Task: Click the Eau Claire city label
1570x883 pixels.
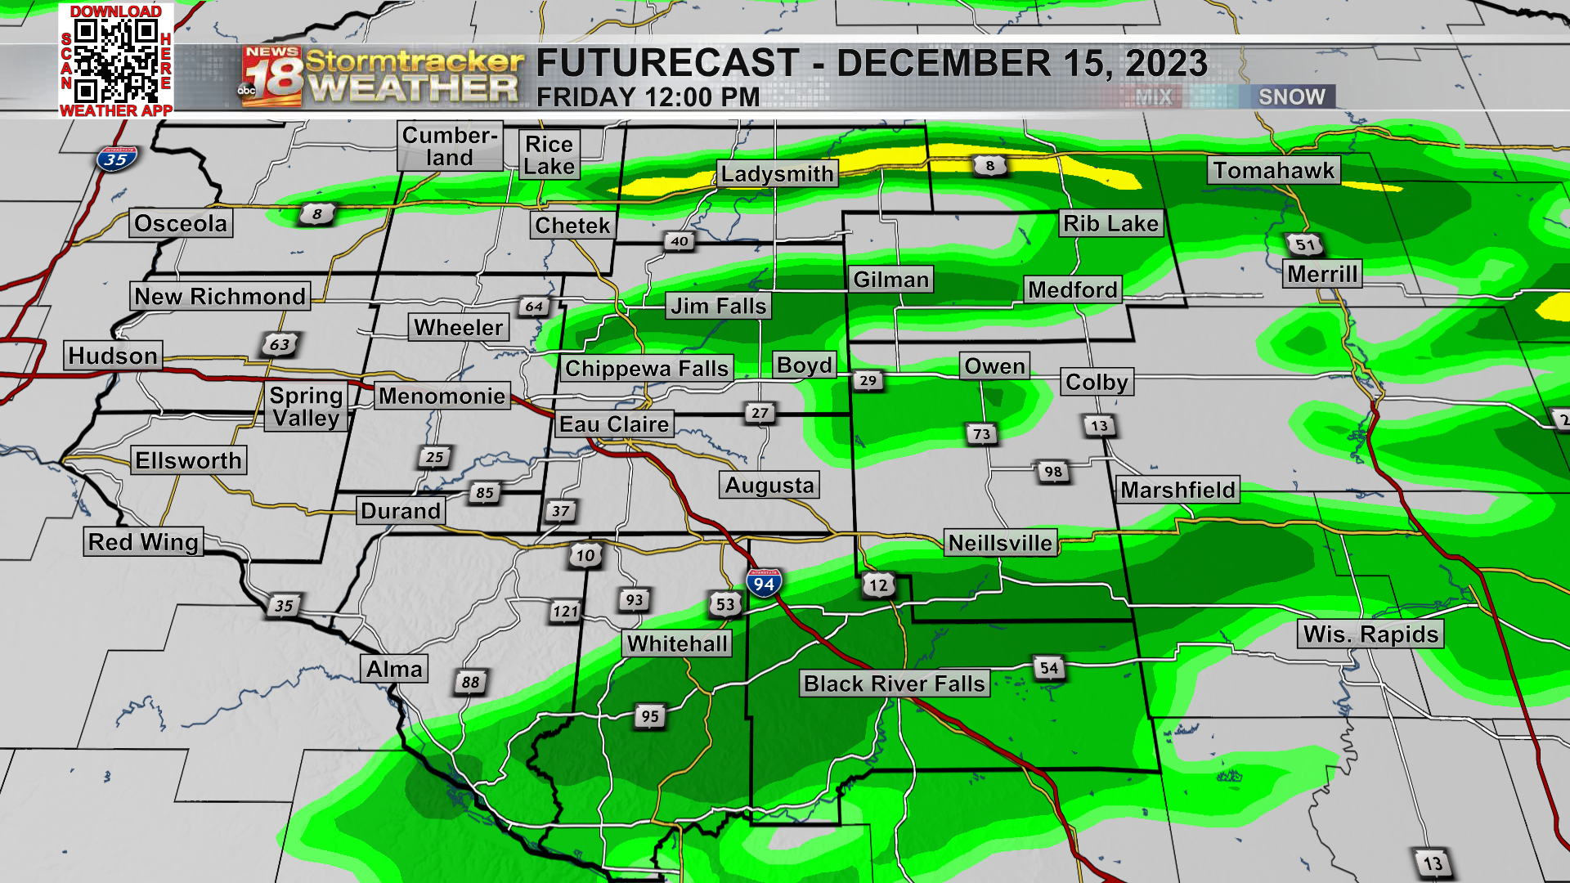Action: tap(614, 424)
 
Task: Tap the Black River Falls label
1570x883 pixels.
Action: tap(895, 684)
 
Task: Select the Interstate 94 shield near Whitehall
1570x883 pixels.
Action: tap(764, 584)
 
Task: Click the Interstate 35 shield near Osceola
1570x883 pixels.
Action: tap(116, 159)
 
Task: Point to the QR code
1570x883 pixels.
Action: tap(116, 61)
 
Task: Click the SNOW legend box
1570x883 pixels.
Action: tap(1291, 96)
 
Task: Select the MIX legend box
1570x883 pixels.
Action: tap(1154, 96)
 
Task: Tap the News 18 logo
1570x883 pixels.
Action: tap(272, 76)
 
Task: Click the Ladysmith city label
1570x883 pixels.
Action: tap(777, 173)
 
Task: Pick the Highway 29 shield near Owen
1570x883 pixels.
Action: tap(868, 380)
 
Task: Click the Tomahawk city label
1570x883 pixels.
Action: tap(1273, 170)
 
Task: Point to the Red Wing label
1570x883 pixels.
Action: tap(143, 542)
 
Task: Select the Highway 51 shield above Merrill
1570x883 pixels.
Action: tap(1304, 244)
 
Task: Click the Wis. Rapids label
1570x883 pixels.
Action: tap(1370, 634)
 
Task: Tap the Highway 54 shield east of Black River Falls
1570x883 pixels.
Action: tap(1049, 668)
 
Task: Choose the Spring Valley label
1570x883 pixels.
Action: tap(307, 406)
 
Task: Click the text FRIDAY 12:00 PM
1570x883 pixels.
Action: tap(648, 97)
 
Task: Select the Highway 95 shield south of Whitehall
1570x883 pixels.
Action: tap(650, 717)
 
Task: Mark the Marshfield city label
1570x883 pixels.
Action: tap(1177, 490)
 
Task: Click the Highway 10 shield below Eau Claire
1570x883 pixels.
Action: tap(585, 556)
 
